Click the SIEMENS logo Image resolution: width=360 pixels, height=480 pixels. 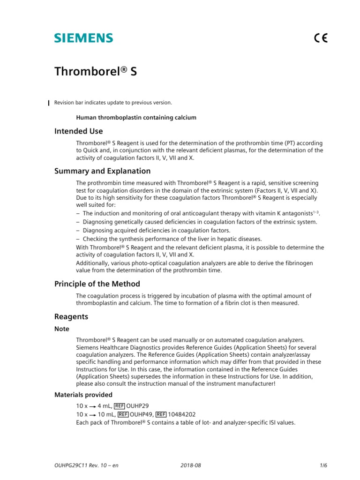click(x=83, y=38)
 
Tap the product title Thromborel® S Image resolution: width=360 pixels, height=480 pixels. click(x=96, y=71)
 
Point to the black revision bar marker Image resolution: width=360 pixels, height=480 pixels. click(x=49, y=103)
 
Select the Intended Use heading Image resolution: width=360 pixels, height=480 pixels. click(x=78, y=131)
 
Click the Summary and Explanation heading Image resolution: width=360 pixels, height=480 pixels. click(x=102, y=171)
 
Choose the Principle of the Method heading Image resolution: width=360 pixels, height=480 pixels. click(x=97, y=284)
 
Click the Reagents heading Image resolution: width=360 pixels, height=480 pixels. click(x=71, y=317)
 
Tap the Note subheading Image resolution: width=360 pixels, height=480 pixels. click(x=61, y=329)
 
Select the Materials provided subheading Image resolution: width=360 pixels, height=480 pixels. click(x=83, y=395)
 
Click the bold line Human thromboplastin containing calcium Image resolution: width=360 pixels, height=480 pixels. click(x=136, y=117)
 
